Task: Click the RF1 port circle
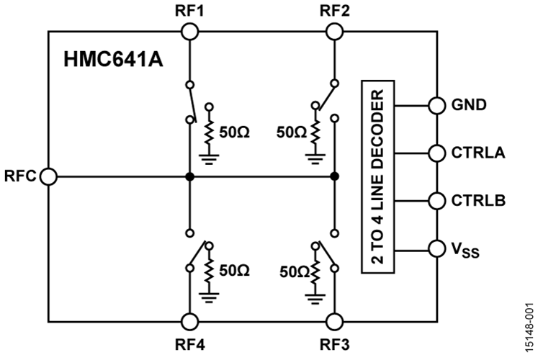[189, 31]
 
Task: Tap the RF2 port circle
[335, 31]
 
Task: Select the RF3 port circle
[335, 321]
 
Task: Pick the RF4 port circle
[189, 321]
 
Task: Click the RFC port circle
[49, 176]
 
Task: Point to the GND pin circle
[437, 104]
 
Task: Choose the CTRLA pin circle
[437, 153]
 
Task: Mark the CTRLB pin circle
[437, 200]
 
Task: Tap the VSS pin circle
[437, 248]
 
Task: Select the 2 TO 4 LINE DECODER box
[380, 176]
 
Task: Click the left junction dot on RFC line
[189, 176]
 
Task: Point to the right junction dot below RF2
[335, 176]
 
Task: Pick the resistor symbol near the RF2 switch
[315, 130]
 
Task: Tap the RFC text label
[22, 176]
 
